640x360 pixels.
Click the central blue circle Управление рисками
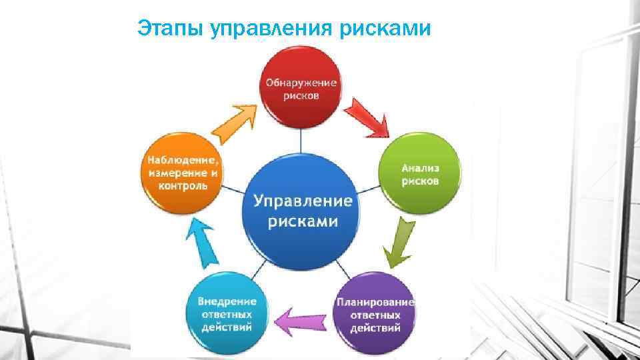pyautogui.click(x=302, y=211)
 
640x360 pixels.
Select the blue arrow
pyautogui.click(x=203, y=240)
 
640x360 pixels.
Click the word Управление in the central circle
pyautogui.click(x=302, y=199)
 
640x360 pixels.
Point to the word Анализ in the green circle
pyautogui.click(x=419, y=168)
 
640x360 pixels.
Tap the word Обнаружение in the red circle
pyautogui.click(x=301, y=83)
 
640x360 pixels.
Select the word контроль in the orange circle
pyautogui.click(x=182, y=186)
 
